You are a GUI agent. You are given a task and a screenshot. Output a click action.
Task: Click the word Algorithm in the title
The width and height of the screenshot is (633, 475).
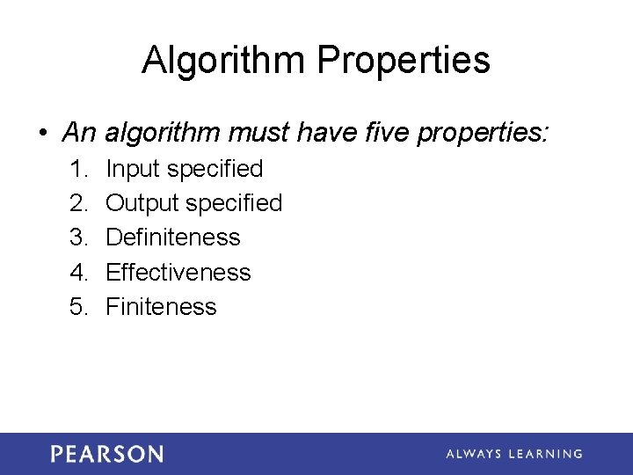(x=224, y=61)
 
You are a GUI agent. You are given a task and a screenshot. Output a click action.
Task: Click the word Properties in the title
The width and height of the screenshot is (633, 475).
(x=403, y=61)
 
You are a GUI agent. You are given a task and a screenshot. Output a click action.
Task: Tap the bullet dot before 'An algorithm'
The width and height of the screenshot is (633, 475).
(x=43, y=134)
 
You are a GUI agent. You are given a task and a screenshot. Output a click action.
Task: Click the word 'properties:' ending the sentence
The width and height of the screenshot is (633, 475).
(x=484, y=134)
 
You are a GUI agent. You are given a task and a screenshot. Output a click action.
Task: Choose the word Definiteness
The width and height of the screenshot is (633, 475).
(x=172, y=237)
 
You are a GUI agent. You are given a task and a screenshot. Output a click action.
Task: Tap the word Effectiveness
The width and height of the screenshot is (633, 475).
(x=178, y=273)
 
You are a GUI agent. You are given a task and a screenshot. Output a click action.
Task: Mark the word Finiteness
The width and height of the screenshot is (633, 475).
(x=161, y=307)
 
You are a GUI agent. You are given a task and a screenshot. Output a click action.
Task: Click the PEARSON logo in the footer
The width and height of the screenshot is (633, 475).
(x=106, y=454)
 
